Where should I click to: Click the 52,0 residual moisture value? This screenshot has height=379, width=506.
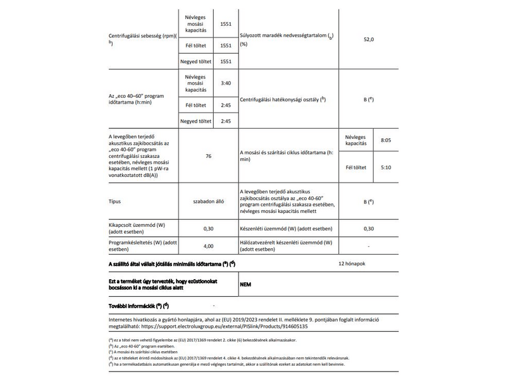point(369,39)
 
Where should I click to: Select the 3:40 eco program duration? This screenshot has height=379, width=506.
point(226,83)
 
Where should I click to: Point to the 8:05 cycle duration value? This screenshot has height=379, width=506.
point(386,139)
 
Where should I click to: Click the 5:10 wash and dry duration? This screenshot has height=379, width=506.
point(386,167)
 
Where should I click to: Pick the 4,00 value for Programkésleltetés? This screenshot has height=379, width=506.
point(208,246)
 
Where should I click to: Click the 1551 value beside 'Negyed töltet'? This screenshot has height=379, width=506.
point(226,61)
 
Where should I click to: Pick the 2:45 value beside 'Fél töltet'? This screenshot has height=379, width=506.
point(226,104)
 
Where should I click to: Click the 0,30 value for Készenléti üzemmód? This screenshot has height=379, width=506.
point(369,228)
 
